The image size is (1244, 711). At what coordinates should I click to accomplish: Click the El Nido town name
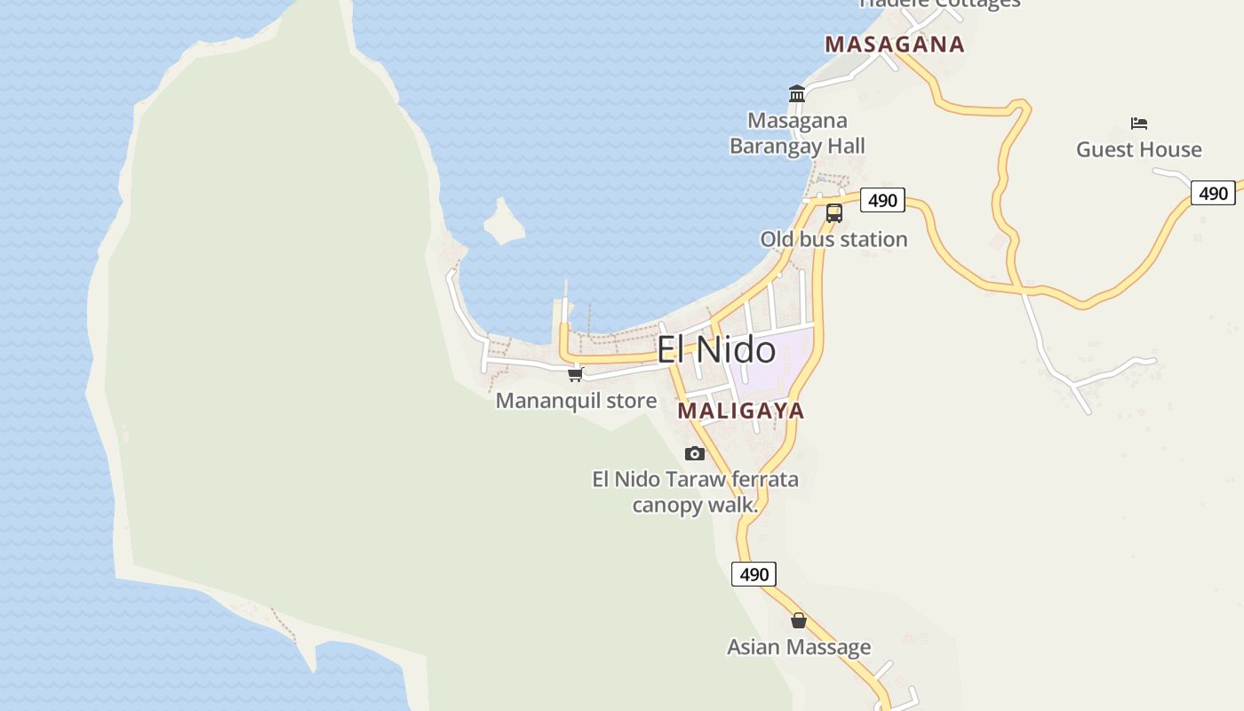pyautogui.click(x=715, y=349)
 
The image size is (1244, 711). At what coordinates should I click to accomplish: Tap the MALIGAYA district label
pyautogui.click(x=740, y=411)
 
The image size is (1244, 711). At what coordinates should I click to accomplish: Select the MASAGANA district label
pyautogui.click(x=894, y=44)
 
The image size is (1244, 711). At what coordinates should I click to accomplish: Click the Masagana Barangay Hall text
pyautogui.click(x=797, y=133)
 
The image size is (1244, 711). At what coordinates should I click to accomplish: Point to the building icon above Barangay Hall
pyautogui.click(x=797, y=94)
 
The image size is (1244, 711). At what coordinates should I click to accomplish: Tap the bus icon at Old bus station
pyautogui.click(x=833, y=213)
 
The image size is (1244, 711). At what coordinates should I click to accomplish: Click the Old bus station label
pyautogui.click(x=833, y=239)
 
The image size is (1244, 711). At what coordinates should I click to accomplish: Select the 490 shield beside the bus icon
pyautogui.click(x=882, y=201)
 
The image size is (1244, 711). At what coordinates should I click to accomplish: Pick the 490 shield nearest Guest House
pyautogui.click(x=1213, y=193)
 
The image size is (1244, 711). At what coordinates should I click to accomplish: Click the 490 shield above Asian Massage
pyautogui.click(x=754, y=574)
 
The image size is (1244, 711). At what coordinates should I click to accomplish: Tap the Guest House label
pyautogui.click(x=1138, y=149)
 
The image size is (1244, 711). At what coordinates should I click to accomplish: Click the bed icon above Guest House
pyautogui.click(x=1138, y=124)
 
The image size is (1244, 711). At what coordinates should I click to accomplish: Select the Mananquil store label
pyautogui.click(x=576, y=401)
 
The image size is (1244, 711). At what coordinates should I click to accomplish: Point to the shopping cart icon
pyautogui.click(x=575, y=375)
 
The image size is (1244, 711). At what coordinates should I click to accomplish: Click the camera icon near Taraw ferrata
pyautogui.click(x=695, y=454)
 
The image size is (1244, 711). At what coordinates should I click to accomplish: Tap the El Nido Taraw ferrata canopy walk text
pyautogui.click(x=695, y=491)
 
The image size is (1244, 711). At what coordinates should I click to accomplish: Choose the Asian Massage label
pyautogui.click(x=799, y=647)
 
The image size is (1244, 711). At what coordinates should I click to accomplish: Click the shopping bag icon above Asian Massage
pyautogui.click(x=799, y=620)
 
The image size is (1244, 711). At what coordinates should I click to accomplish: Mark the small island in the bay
pyautogui.click(x=504, y=222)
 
